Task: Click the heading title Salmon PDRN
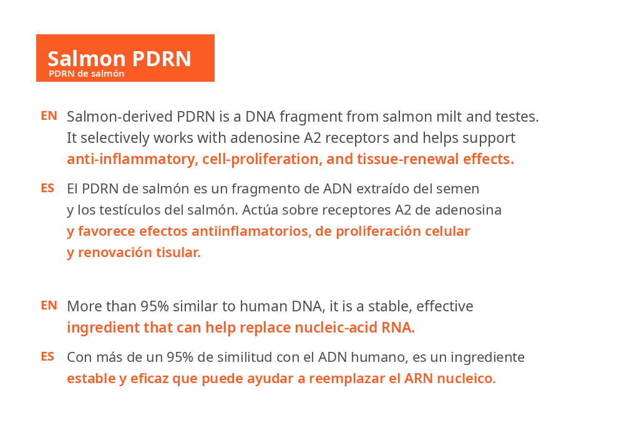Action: coord(119,59)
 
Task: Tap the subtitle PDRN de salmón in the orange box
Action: coord(86,74)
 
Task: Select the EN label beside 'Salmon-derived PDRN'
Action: coord(49,116)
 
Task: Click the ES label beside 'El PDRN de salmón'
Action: coord(48,188)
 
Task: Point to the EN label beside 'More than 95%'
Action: coord(49,306)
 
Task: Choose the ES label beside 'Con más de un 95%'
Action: coord(48,356)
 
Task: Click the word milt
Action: coord(449,117)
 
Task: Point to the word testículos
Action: coord(130,210)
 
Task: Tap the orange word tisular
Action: coord(179,252)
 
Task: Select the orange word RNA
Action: coord(398,328)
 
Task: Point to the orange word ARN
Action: coord(419,378)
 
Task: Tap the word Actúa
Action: coord(260,210)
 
